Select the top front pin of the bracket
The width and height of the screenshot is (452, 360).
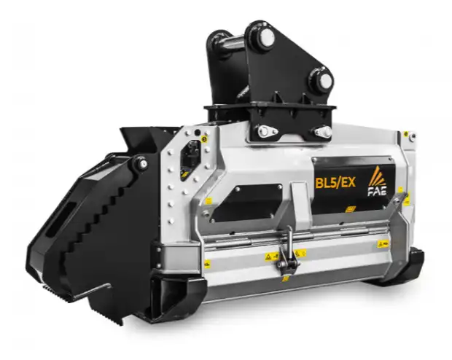[x=260, y=34]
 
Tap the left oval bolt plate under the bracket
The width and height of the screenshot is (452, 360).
[x=266, y=132]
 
